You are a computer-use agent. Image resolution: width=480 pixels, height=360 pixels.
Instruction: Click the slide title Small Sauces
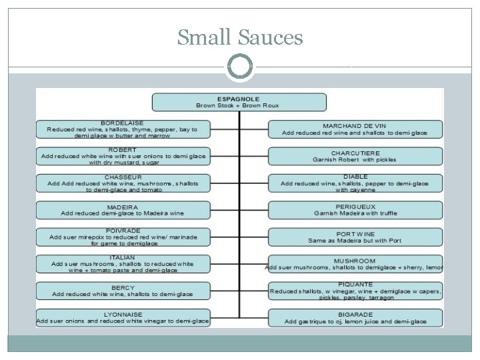click(x=240, y=38)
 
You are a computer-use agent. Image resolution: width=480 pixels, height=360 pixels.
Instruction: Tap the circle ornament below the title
click(x=240, y=67)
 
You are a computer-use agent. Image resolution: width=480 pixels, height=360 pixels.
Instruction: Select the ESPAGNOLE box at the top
click(x=239, y=102)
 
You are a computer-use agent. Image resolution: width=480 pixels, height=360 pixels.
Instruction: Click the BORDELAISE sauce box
click(x=122, y=129)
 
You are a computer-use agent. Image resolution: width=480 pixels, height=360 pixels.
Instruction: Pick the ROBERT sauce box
click(x=122, y=156)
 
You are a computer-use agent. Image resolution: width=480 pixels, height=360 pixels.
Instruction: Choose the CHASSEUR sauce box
click(x=122, y=183)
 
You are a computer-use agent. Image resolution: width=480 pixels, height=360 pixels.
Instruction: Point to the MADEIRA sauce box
click(x=122, y=210)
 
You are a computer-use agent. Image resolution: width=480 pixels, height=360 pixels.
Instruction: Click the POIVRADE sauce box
click(x=122, y=237)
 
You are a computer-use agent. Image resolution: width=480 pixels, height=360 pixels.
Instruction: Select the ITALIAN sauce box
click(x=122, y=263)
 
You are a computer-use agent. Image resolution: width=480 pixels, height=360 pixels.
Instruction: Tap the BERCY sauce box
click(x=122, y=291)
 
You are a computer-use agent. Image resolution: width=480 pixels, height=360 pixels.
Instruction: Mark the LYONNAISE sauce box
click(x=122, y=317)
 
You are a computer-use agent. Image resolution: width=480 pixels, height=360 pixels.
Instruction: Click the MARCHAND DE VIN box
click(x=355, y=129)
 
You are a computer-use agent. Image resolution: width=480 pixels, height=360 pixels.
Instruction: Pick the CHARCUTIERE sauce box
click(x=355, y=156)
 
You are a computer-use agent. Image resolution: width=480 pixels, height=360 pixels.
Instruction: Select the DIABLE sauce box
click(x=355, y=183)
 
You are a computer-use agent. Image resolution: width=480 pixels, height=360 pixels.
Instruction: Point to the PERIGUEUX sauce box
click(x=355, y=210)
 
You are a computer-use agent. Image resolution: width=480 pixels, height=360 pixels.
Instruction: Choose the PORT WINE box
click(x=355, y=237)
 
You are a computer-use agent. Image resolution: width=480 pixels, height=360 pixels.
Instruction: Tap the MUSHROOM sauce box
click(x=355, y=264)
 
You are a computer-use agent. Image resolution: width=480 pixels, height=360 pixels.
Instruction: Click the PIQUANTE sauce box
click(x=355, y=291)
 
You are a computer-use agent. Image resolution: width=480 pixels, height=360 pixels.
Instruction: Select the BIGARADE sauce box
click(x=355, y=317)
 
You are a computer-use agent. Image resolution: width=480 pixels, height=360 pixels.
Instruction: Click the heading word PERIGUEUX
click(x=355, y=207)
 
